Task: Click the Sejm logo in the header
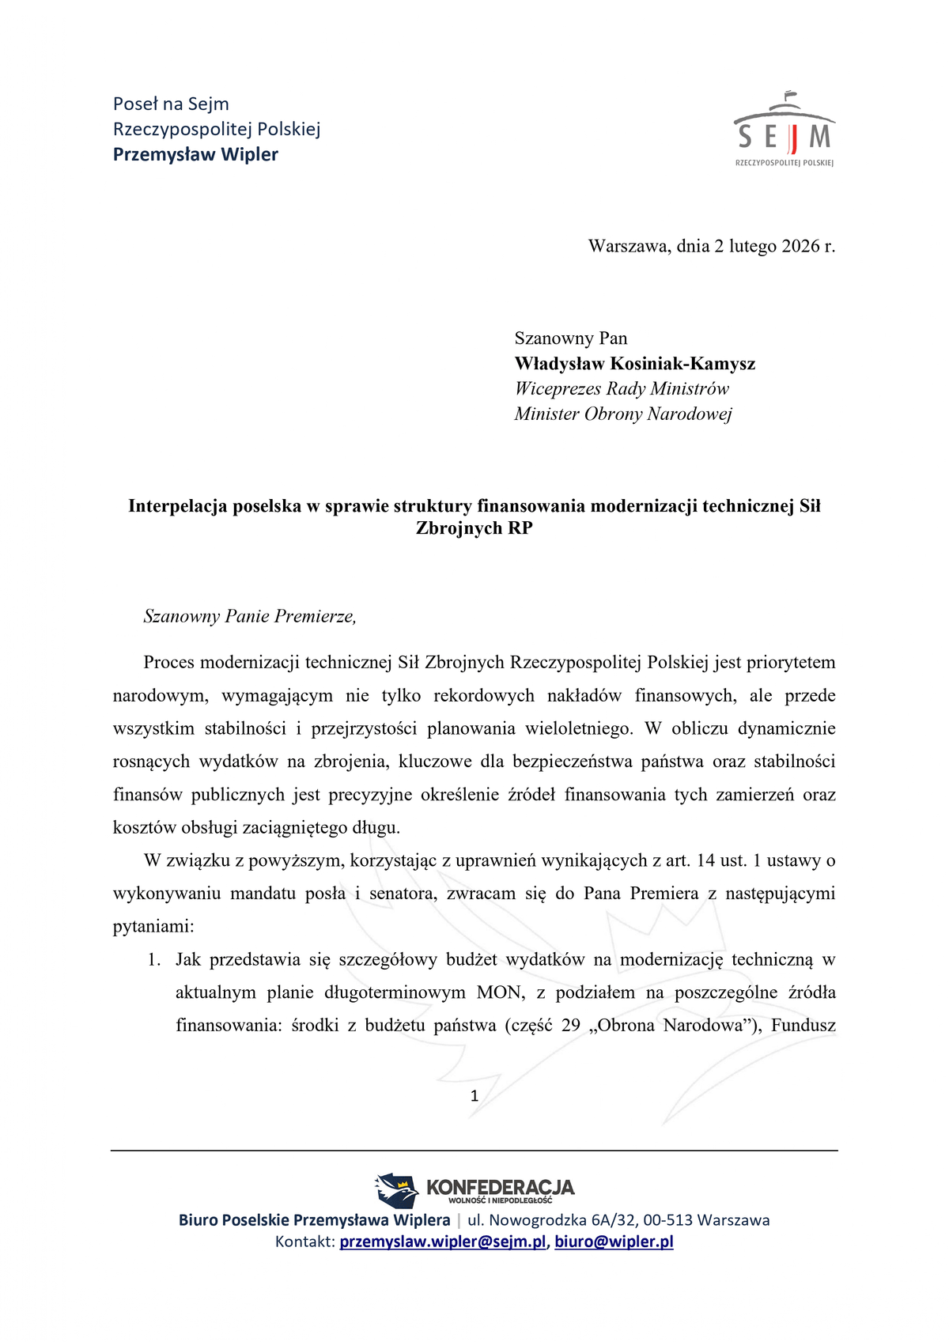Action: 785,130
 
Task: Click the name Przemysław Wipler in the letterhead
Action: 195,154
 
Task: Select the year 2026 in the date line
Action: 800,246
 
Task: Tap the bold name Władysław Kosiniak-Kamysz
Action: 634,364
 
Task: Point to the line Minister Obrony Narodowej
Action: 622,414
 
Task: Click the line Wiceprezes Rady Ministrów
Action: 621,388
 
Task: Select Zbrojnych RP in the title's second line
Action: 474,528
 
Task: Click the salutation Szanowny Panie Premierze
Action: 250,617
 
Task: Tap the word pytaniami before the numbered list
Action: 153,926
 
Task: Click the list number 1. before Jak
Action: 154,960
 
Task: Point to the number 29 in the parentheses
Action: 570,1026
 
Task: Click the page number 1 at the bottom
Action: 475,1096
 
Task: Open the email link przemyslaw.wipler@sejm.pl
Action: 443,1242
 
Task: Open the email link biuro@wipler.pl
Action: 614,1242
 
